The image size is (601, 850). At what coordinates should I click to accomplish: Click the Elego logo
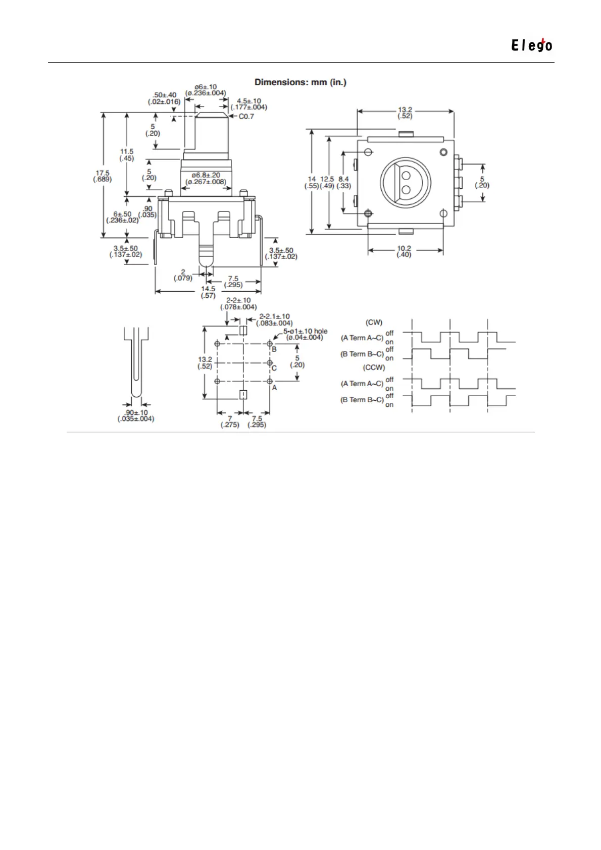click(x=531, y=45)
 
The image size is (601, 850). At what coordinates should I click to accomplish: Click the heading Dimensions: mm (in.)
click(x=300, y=82)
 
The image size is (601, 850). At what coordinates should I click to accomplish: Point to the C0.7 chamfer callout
click(x=246, y=117)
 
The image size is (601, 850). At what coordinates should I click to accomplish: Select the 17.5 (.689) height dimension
click(x=103, y=176)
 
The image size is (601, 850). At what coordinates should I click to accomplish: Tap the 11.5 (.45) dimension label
click(x=127, y=155)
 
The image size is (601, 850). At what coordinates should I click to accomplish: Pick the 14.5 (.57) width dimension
click(x=208, y=292)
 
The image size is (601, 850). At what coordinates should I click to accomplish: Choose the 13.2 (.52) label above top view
click(x=405, y=113)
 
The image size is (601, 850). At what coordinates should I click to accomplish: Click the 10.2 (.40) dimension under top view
click(x=404, y=251)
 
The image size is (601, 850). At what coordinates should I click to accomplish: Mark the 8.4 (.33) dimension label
click(x=344, y=182)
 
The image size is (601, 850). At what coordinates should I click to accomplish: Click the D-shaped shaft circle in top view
click(x=405, y=182)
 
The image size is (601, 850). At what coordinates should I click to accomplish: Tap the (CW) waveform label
click(x=374, y=323)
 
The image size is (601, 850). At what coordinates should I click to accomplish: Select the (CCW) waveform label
click(x=374, y=367)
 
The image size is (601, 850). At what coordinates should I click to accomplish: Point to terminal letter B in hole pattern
click(x=274, y=349)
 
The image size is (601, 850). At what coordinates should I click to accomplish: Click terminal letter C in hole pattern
click(x=274, y=368)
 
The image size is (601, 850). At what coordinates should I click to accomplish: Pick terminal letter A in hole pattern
click(x=274, y=388)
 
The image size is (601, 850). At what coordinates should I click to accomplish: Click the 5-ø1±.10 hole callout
click(x=305, y=334)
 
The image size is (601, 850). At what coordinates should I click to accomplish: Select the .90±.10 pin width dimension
click(x=136, y=415)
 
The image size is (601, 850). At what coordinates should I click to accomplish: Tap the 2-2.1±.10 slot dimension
click(x=274, y=320)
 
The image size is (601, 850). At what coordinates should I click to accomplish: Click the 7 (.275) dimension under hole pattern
click(x=230, y=421)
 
